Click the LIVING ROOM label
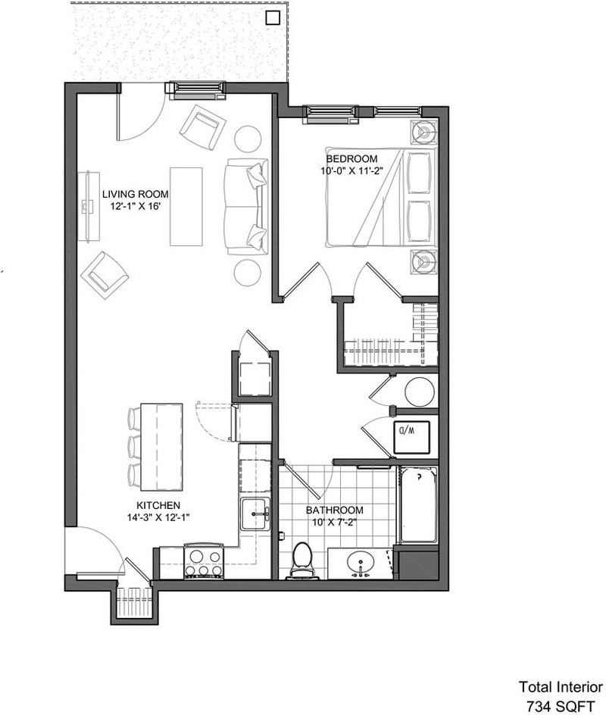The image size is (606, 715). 135,194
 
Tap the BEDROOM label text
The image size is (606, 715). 351,159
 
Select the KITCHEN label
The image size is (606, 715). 158,505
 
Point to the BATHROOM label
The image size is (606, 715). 334,510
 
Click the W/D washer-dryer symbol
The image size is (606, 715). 412,437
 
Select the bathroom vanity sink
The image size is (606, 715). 361,564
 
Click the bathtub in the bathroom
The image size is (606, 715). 417,504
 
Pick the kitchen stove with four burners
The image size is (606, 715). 204,562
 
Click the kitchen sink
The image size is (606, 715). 255,514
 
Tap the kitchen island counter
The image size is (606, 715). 161,447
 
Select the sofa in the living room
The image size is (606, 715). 246,207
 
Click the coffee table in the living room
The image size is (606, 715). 186,207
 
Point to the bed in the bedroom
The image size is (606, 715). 381,197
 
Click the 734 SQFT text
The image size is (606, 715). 561,706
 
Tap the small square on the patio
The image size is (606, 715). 273,17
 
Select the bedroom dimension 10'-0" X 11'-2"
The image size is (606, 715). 350,171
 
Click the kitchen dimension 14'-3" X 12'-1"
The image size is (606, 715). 158,517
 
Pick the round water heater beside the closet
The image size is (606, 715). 420,392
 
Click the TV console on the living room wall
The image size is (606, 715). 89,206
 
